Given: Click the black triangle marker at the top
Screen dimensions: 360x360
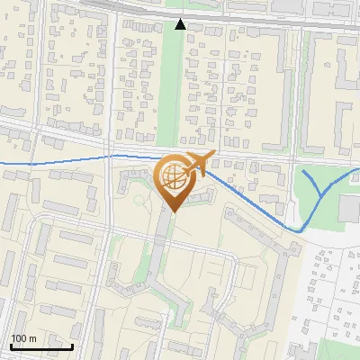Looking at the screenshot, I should [180, 24].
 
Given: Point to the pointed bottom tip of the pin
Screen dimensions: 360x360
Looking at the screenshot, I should [172, 211].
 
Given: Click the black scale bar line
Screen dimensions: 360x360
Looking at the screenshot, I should [41, 346].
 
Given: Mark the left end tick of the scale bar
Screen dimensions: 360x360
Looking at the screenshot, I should [11, 345].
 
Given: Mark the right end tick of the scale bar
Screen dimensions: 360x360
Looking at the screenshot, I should [72, 345].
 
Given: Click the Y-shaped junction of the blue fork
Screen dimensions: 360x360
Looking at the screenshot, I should [322, 193].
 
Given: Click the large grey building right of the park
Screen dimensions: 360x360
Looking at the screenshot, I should [349, 207].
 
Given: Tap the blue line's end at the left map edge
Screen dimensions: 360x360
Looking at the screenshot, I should [2, 163].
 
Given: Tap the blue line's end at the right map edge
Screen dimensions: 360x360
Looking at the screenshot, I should [357, 169].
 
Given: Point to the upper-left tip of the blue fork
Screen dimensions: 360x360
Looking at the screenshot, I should [302, 171].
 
